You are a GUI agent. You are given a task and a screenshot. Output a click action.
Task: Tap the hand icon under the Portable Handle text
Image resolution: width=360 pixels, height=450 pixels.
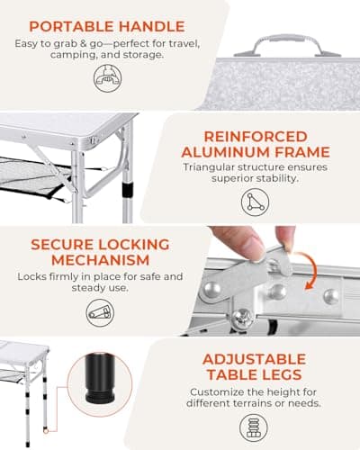coord(106,79)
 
